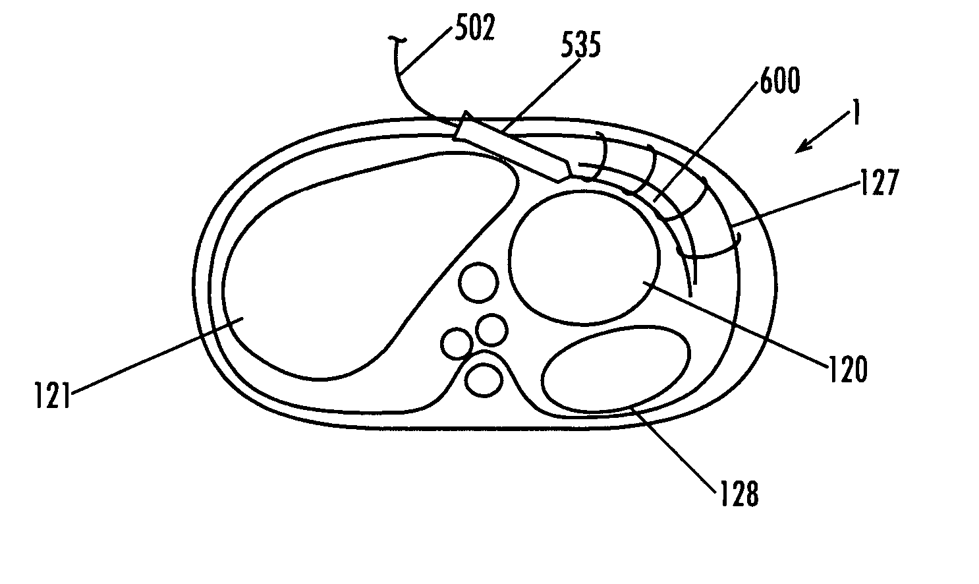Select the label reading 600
tap(780, 82)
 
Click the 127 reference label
tap(880, 183)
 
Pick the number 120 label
tap(848, 370)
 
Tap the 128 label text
tap(739, 493)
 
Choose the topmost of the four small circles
tap(479, 284)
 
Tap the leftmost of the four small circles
tap(456, 345)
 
